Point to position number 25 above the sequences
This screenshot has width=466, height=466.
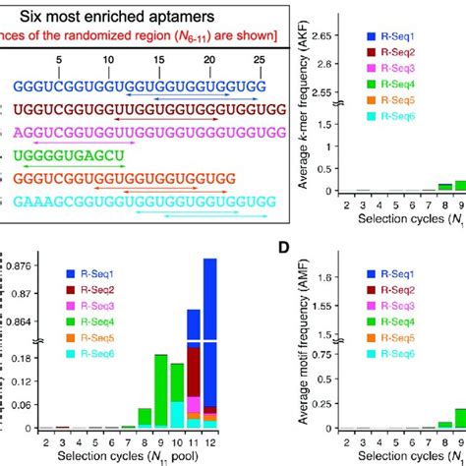coord(259,60)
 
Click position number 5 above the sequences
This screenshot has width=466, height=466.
coord(61,60)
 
